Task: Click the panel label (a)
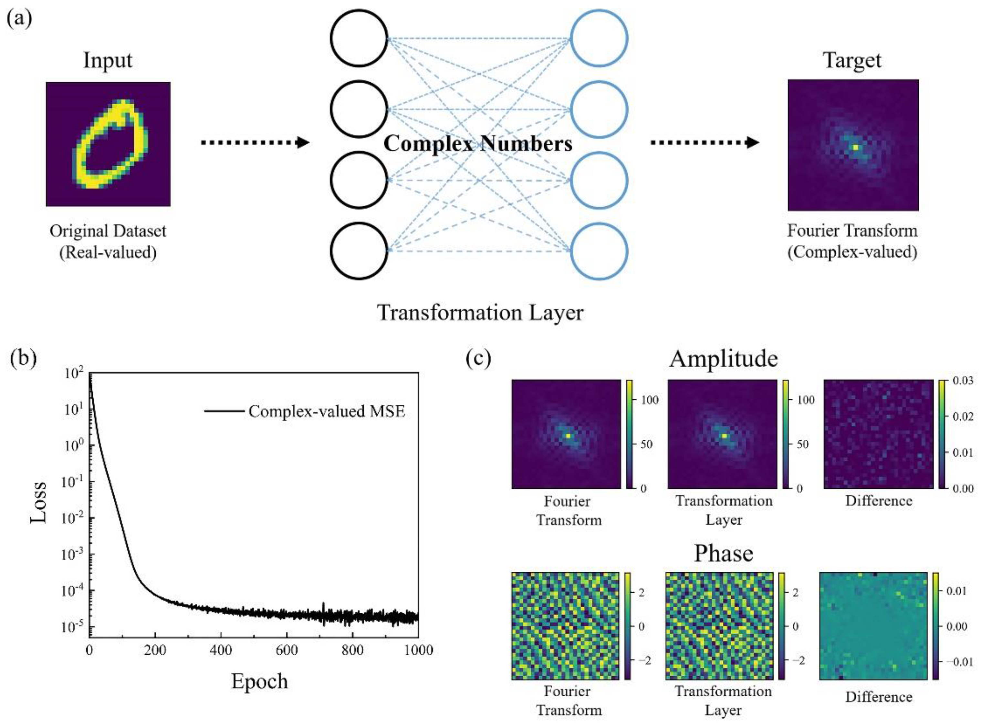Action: tap(19, 19)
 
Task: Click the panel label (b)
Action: tap(23, 357)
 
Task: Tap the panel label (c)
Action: tap(478, 358)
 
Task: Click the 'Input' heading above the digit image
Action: tap(108, 60)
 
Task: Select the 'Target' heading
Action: tap(852, 60)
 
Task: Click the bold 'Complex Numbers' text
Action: tap(478, 144)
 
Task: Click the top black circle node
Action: tap(359, 38)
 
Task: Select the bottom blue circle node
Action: tap(599, 251)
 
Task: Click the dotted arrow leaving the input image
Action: tap(255, 142)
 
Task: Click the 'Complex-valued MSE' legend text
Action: tap(326, 411)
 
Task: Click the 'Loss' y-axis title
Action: tap(39, 502)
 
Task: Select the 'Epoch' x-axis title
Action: tap(259, 681)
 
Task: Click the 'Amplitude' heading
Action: tap(723, 359)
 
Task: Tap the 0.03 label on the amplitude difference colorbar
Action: tap(963, 381)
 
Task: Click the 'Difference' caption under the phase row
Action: tap(879, 697)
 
